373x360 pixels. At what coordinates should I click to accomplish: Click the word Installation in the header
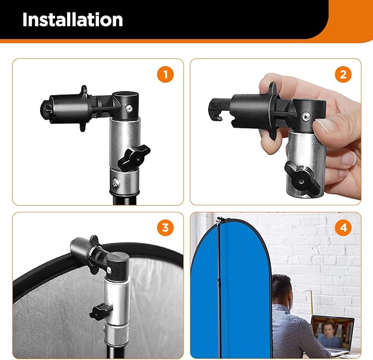click(73, 20)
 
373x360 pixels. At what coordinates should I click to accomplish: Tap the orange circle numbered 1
click(165, 75)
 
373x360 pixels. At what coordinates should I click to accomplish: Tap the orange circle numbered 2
click(343, 75)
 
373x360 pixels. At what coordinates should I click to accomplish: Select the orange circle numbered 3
click(165, 228)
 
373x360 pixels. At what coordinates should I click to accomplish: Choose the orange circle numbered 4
click(343, 228)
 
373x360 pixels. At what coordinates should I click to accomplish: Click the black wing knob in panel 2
click(300, 175)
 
